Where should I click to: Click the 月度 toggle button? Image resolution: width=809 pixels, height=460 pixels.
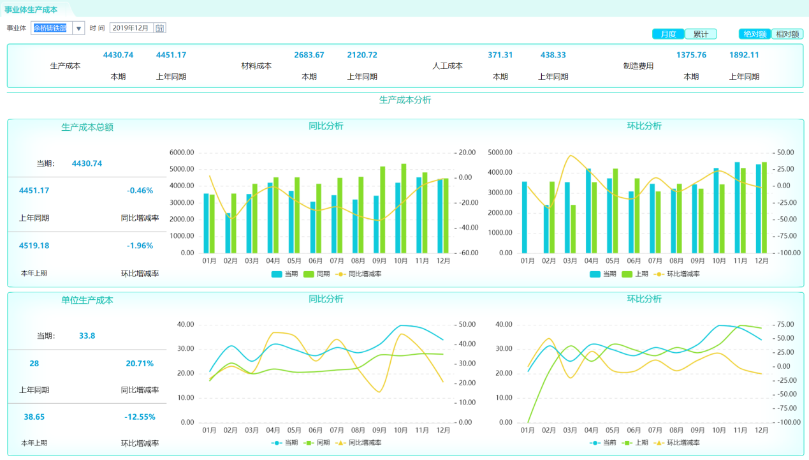(668, 34)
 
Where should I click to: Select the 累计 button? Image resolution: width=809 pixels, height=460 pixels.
(701, 34)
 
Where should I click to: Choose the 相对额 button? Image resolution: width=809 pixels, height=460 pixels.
(787, 34)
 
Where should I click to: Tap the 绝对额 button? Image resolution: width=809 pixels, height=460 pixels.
(755, 34)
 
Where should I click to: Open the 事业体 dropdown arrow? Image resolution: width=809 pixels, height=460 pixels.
(78, 28)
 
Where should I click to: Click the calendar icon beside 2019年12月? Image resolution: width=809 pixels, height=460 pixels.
(160, 28)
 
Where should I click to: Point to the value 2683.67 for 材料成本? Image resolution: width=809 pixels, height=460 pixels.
(309, 56)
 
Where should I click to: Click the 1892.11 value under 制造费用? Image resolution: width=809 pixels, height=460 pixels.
(744, 56)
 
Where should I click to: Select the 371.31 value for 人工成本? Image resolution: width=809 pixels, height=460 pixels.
(500, 56)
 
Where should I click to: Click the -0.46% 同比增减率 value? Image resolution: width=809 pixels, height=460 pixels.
(140, 191)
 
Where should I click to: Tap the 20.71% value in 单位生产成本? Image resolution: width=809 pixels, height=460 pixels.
(140, 364)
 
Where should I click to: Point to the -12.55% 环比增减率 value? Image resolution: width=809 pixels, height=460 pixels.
(140, 417)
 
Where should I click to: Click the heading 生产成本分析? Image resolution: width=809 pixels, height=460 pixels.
(405, 100)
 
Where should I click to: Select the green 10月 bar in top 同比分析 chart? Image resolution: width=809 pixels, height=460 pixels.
(404, 208)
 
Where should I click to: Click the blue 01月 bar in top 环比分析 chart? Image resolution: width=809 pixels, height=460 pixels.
(524, 217)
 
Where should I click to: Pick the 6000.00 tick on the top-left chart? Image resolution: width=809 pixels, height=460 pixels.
(182, 152)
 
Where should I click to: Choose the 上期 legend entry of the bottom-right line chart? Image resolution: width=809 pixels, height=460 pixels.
(638, 443)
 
